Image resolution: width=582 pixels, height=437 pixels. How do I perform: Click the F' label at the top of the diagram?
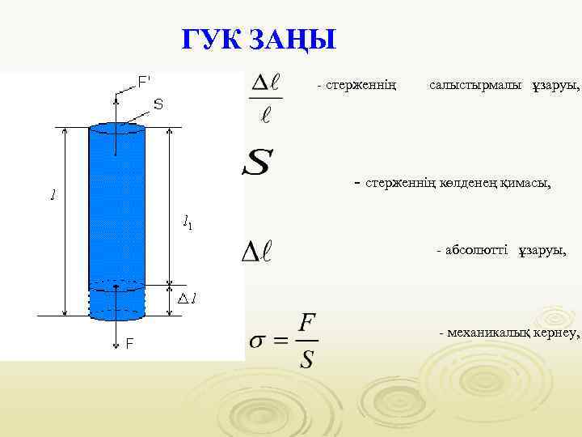[144, 82]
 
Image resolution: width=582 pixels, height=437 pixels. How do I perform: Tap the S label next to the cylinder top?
[158, 104]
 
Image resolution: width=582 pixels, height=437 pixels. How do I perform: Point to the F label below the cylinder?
[129, 344]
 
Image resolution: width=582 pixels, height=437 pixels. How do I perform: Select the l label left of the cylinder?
[53, 195]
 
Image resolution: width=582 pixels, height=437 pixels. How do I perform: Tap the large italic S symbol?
[258, 165]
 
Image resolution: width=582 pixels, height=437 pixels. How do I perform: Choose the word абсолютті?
[477, 251]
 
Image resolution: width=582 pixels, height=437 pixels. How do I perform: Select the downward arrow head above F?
[116, 318]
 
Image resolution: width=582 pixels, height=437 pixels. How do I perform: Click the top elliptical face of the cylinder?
[116, 127]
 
